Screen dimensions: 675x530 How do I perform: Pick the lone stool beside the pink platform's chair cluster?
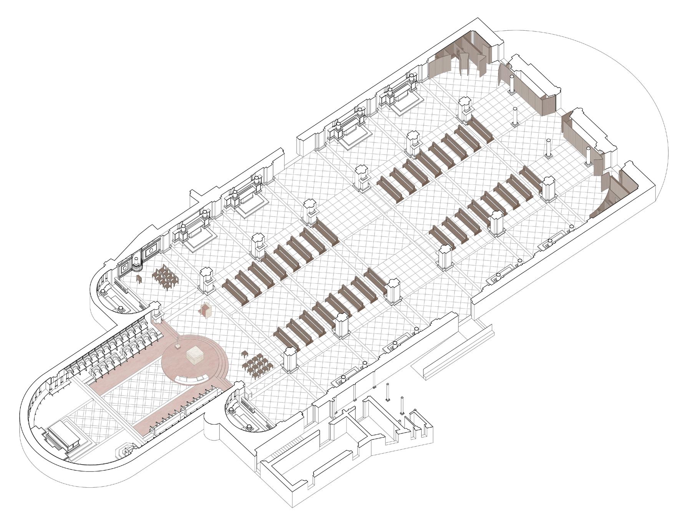(x=244, y=354)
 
